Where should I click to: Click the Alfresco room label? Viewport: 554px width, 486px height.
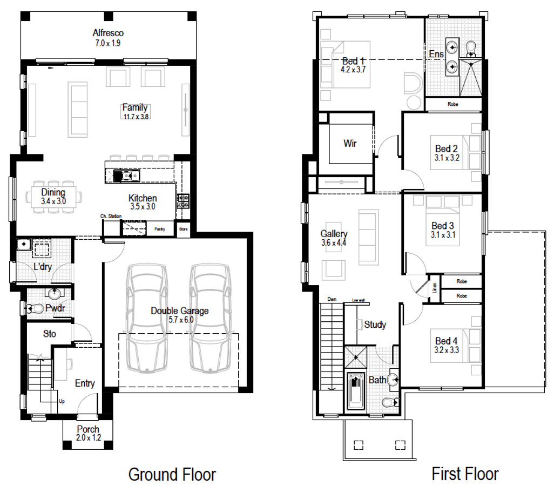pos(108,33)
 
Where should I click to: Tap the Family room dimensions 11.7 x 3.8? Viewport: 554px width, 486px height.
pos(134,116)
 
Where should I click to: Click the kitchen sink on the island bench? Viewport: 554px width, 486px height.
pos(130,175)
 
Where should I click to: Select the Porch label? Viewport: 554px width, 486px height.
pos(88,430)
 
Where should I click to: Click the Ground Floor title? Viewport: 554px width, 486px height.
pos(172,475)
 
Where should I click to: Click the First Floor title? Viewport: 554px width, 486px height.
pos(465,474)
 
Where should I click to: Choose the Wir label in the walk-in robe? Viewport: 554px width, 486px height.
pos(350,144)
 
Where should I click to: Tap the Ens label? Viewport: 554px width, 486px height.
pos(436,54)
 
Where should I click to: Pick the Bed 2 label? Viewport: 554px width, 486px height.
pos(447,148)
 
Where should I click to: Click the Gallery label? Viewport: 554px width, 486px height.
pos(334,234)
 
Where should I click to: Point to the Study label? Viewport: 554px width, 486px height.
pos(375,325)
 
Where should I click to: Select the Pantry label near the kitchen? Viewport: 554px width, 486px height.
pos(160,229)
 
